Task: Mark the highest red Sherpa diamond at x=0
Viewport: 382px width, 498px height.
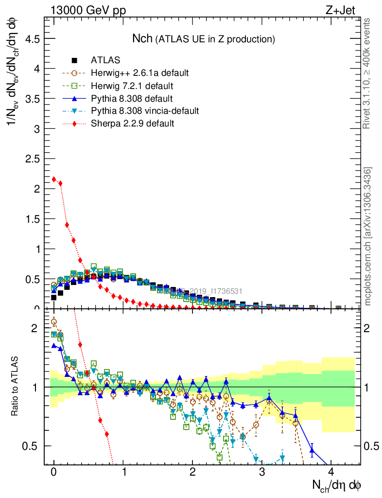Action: (54, 179)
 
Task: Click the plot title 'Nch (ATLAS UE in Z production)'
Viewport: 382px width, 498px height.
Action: (204, 38)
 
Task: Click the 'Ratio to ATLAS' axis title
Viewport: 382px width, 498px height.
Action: (16, 387)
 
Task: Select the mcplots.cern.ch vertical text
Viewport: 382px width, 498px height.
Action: (367, 237)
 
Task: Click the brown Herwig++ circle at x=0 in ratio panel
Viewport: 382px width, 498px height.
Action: (54, 321)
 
